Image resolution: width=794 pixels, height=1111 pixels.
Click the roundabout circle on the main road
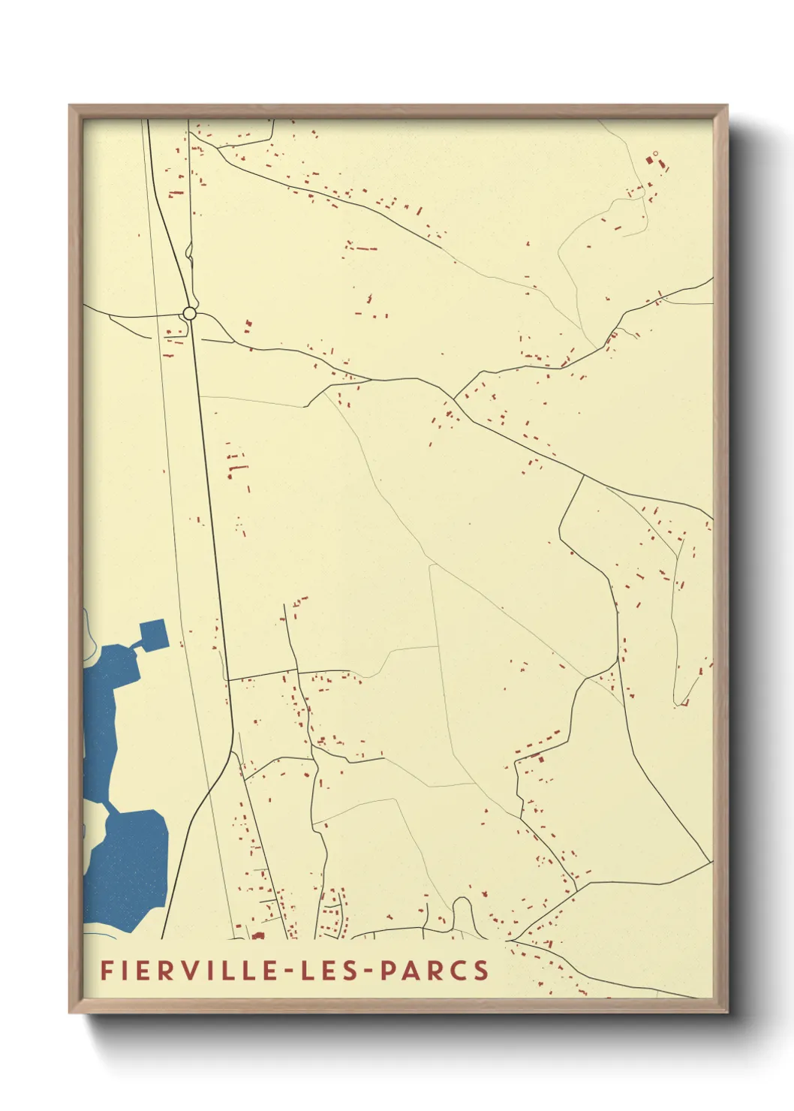pos(190,313)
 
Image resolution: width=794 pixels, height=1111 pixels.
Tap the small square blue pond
pos(153,634)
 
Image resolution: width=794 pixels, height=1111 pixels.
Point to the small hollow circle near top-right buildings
pos(655,154)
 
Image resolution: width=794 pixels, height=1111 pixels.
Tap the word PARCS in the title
pos(435,970)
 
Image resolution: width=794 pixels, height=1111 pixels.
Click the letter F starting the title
pos(107,970)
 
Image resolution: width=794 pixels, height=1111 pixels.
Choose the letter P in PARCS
pos(389,970)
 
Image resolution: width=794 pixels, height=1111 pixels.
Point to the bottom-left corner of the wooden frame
pos(71,1011)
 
